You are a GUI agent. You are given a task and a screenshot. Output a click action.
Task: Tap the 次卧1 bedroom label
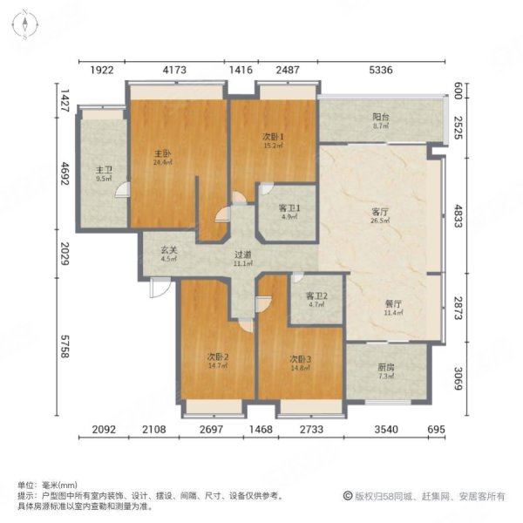(x=273, y=137)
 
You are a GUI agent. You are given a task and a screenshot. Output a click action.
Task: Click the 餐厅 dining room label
(x=394, y=304)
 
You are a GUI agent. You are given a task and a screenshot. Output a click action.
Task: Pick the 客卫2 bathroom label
(x=316, y=296)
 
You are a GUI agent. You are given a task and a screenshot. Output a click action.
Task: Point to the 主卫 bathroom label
(x=104, y=171)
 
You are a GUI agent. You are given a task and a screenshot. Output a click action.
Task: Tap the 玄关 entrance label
(x=169, y=251)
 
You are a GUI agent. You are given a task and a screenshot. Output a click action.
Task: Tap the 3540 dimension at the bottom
(x=383, y=430)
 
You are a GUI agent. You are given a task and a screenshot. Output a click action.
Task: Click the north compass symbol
(x=26, y=24)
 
